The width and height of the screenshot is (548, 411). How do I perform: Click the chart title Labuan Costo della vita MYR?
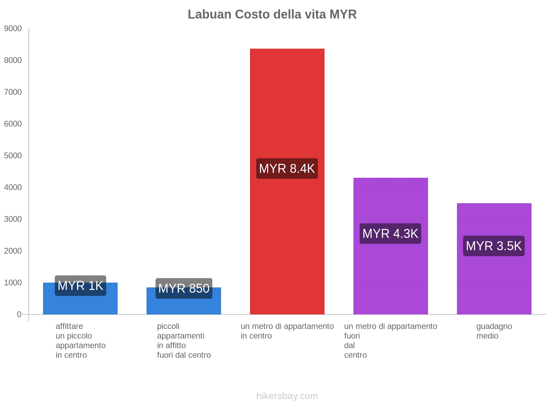tap(272, 14)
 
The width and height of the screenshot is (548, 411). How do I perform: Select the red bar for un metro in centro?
tap(287, 103)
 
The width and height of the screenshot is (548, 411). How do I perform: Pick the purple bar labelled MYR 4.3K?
tap(390, 274)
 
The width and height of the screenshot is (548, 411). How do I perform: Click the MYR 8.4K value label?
tap(287, 169)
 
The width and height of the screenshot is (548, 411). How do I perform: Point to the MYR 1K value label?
tap(80, 286)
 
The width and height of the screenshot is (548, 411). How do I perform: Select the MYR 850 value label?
tap(184, 288)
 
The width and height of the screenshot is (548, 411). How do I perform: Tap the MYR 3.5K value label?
tap(494, 246)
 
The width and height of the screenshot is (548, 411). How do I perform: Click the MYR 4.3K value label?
tap(390, 234)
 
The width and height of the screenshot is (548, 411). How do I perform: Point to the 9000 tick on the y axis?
tap(13, 29)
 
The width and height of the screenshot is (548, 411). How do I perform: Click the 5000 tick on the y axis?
tap(13, 156)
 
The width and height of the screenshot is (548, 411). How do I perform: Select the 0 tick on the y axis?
tap(19, 314)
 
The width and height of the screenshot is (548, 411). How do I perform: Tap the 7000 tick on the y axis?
tap(13, 92)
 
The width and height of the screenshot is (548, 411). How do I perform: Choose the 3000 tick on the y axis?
tap(13, 219)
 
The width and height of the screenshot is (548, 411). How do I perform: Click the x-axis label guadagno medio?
tap(494, 331)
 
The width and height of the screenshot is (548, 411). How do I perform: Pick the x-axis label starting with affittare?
tap(80, 340)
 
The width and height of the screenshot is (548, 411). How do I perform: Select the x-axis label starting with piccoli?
tap(184, 340)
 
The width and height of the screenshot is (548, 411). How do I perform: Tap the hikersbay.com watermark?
tap(287, 396)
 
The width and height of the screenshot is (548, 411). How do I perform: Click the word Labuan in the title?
tap(209, 14)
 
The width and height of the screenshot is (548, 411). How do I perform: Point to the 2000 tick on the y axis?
tap(13, 251)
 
